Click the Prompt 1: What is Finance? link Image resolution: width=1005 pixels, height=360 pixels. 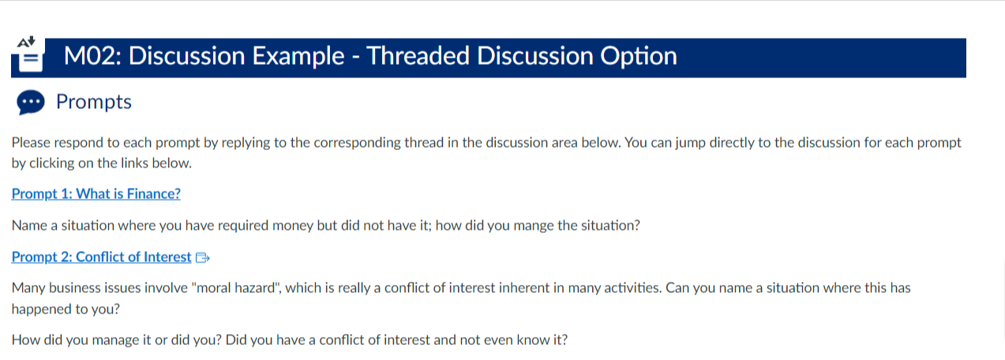pos(96,194)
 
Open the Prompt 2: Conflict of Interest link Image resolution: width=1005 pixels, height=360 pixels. pos(101,257)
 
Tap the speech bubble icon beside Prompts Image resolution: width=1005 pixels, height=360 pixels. pos(31,103)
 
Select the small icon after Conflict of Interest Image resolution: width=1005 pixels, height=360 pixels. pos(203,257)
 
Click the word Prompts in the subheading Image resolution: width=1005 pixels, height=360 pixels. pos(94,102)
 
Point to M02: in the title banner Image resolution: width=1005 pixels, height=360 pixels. pos(92,56)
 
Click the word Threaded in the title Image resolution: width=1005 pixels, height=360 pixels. pos(418,56)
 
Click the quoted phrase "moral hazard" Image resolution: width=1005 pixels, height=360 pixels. pos(236,287)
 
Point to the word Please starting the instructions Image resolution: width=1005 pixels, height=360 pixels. pos(31,142)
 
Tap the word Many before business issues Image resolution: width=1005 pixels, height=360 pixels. pos(28,288)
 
